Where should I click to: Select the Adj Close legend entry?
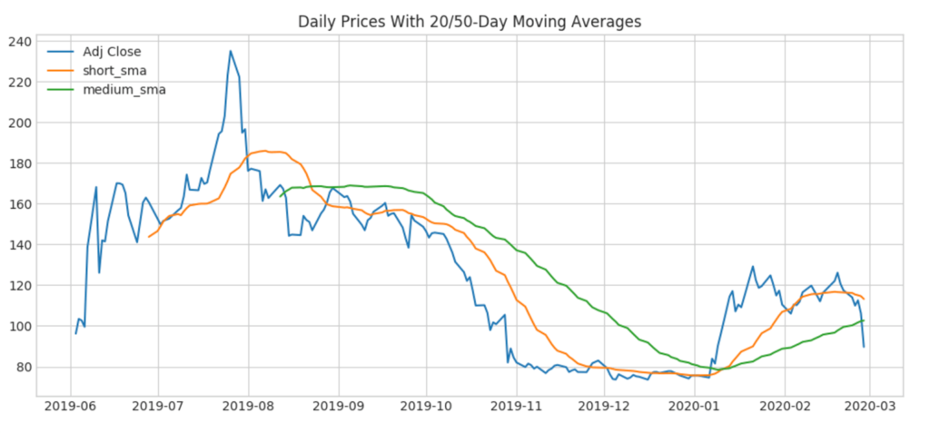click(112, 52)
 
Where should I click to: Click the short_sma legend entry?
click(114, 71)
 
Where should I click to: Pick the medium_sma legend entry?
click(124, 90)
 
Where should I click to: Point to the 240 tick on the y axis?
click(19, 42)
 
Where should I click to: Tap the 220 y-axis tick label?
click(19, 83)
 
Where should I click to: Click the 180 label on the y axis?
click(19, 163)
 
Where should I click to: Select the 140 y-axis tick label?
click(19, 245)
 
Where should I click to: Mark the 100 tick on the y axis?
click(19, 327)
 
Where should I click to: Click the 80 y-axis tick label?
click(23, 368)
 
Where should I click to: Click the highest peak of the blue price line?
click(231, 51)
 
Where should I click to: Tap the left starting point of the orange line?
click(149, 237)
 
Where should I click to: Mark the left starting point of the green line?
click(282, 195)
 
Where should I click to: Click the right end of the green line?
click(864, 320)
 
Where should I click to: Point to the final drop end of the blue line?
click(864, 347)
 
